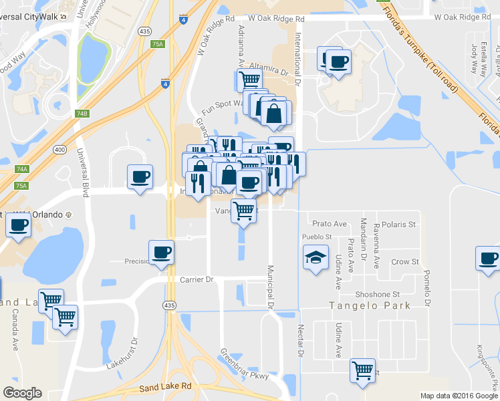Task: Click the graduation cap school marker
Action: click(316, 259)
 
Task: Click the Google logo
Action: click(22, 393)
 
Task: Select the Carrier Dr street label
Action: click(196, 279)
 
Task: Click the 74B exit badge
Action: click(82, 114)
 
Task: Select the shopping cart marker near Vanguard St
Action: click(244, 211)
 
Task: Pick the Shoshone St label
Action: click(378, 294)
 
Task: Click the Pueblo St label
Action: click(317, 237)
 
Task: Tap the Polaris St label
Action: click(403, 224)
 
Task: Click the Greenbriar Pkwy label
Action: click(245, 364)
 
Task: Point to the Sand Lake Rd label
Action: click(165, 386)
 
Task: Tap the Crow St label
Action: click(404, 262)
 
